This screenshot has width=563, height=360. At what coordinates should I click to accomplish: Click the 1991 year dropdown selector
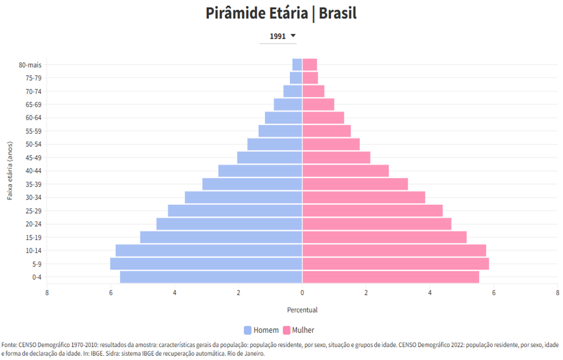pyautogui.click(x=282, y=36)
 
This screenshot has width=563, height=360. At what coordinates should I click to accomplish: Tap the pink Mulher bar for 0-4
pyautogui.click(x=390, y=277)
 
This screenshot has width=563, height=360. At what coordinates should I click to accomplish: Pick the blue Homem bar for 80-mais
pyautogui.click(x=297, y=65)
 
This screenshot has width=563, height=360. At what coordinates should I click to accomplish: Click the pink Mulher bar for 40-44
pyautogui.click(x=345, y=171)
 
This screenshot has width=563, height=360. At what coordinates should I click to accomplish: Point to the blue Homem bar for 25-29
pyautogui.click(x=235, y=211)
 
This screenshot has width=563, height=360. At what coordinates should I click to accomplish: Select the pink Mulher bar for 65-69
pyautogui.click(x=318, y=105)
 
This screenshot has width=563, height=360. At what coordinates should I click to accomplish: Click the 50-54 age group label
pyautogui.click(x=33, y=144)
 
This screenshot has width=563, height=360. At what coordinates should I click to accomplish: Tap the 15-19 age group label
pyautogui.click(x=33, y=238)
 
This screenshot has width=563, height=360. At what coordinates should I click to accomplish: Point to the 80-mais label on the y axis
pyautogui.click(x=30, y=65)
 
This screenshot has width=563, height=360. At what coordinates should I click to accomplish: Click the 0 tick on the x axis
pyautogui.click(x=302, y=292)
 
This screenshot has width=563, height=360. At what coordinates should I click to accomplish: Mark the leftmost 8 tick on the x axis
pyautogui.click(x=47, y=292)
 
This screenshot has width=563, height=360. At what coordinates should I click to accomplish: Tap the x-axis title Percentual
pyautogui.click(x=302, y=310)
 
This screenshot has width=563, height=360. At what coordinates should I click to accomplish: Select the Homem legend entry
pyautogui.click(x=261, y=330)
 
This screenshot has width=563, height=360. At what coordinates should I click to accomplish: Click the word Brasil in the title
pyautogui.click(x=338, y=14)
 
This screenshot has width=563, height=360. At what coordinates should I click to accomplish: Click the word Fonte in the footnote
pyautogui.click(x=9, y=345)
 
